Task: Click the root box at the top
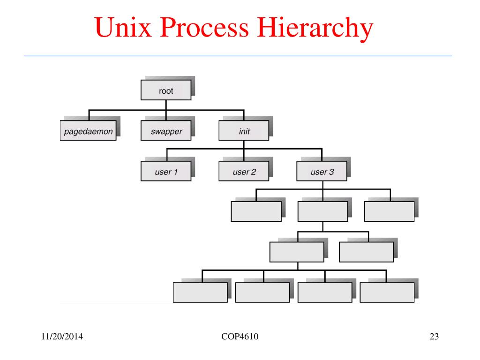(x=166, y=90)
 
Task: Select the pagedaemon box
(x=88, y=131)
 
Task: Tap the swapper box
(x=166, y=131)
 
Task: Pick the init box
(x=244, y=131)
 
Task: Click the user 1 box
(x=166, y=172)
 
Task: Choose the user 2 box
(x=244, y=172)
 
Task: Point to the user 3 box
(x=322, y=172)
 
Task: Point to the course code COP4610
(x=239, y=337)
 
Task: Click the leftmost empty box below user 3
(x=256, y=211)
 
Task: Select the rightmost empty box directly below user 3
(x=389, y=211)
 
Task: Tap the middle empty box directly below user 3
(x=322, y=211)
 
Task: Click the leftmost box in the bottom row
(x=200, y=292)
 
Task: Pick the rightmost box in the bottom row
(x=387, y=292)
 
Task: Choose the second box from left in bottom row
(x=262, y=292)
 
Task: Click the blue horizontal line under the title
(x=238, y=56)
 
